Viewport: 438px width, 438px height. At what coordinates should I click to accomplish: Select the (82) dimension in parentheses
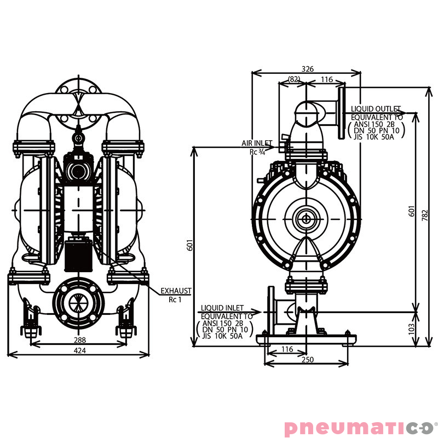click(294, 79)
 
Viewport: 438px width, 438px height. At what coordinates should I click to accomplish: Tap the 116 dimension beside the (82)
click(326, 79)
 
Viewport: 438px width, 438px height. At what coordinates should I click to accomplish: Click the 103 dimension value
click(412, 328)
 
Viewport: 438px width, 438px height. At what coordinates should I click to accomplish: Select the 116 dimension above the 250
click(287, 349)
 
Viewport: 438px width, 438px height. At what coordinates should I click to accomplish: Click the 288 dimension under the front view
click(80, 340)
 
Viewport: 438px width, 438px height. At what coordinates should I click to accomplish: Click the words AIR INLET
click(257, 143)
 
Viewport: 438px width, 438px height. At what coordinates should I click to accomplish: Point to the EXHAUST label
click(175, 291)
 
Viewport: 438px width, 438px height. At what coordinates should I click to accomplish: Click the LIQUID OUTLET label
click(376, 109)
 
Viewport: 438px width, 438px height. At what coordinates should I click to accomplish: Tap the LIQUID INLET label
click(222, 309)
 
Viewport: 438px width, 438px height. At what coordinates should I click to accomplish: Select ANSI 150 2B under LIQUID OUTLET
click(376, 124)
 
